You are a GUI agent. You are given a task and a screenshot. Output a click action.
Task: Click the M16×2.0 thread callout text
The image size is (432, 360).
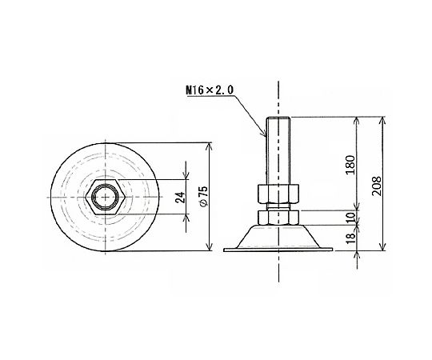[x=210, y=90]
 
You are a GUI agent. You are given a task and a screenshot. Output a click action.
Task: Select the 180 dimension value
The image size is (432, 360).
[x=350, y=165]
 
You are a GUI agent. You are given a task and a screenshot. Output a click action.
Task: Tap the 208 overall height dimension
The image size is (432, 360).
[x=377, y=186]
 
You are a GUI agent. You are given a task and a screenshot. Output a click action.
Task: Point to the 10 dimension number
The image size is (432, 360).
[x=350, y=218]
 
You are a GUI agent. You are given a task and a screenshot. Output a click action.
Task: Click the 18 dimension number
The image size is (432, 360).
[x=350, y=238]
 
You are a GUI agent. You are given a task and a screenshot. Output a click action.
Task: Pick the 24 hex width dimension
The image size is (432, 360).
[x=180, y=198]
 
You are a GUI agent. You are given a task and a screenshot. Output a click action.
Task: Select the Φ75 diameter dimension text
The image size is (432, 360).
[x=204, y=196]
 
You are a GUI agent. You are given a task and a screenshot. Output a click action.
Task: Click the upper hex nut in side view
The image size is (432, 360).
[x=278, y=194]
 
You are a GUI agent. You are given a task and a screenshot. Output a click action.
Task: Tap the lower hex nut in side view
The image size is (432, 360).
[x=278, y=218]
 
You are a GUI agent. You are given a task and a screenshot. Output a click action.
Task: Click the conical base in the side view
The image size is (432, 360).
[x=278, y=236]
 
